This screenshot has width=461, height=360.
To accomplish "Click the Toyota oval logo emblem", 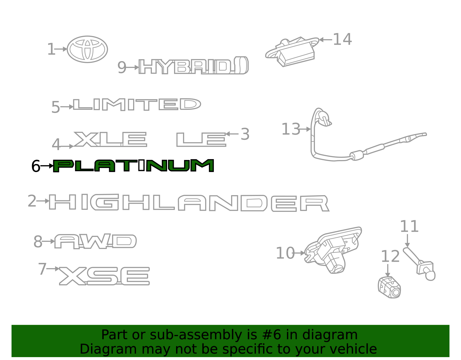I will pos(87,49).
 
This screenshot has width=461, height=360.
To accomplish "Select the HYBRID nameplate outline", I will pos(193,66).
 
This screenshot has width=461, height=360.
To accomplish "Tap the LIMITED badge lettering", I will pos(137,104).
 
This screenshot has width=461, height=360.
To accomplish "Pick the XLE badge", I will pos(110,139).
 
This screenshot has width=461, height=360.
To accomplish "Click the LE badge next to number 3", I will pos(201,140).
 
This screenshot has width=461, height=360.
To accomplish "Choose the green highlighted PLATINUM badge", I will pos(133,166).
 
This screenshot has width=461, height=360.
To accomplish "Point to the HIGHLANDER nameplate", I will pos(189,203).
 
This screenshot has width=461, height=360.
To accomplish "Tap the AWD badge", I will pos(95,241).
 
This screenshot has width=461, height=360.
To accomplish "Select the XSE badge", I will pos(104,276).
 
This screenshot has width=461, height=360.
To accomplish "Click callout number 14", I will pos(342,39).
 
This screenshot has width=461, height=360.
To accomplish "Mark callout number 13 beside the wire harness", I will pos(291,129).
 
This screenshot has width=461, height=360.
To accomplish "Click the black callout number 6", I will pos(36,166).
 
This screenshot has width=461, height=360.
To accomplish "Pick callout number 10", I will pos(285,253).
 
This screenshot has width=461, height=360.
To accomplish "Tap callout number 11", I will pos(409,227).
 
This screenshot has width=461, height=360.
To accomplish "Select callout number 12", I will pos(390,257).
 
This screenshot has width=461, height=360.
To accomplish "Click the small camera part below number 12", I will pos(389,287).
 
